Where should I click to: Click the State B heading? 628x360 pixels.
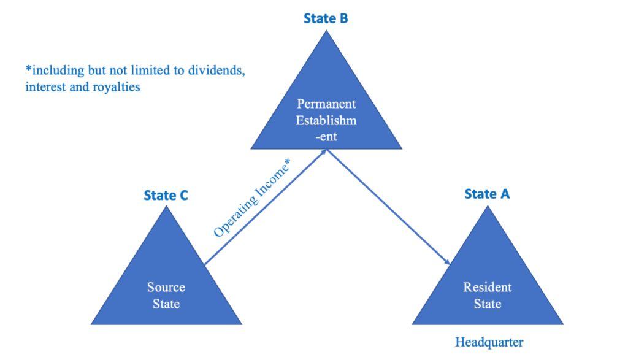(x=326, y=18)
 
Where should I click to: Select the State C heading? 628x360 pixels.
(x=166, y=196)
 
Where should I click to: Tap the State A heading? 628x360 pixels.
(x=487, y=194)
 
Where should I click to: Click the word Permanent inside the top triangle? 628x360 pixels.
(x=326, y=104)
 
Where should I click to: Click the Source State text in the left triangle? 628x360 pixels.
(x=166, y=295)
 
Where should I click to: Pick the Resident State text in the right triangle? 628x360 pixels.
(x=487, y=295)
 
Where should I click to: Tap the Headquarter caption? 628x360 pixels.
(x=489, y=342)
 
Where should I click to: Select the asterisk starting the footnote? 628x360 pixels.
(x=28, y=69)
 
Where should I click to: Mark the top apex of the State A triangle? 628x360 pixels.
(x=488, y=206)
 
